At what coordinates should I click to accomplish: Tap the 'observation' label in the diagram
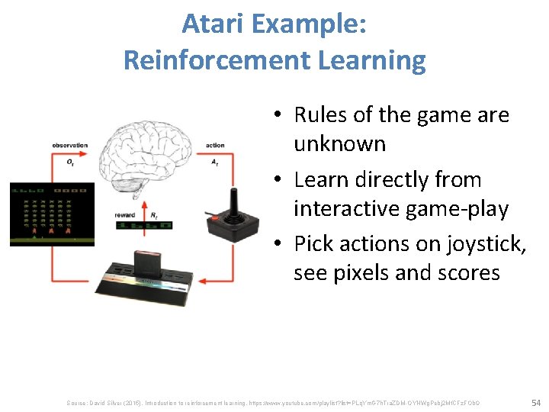pos(70,145)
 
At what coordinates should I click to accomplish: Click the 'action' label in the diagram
pos(215,145)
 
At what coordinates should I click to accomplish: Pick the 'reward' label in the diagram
pos(124,215)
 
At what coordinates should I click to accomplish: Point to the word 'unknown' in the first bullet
pos(339,143)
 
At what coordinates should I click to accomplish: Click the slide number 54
pos(535,401)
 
